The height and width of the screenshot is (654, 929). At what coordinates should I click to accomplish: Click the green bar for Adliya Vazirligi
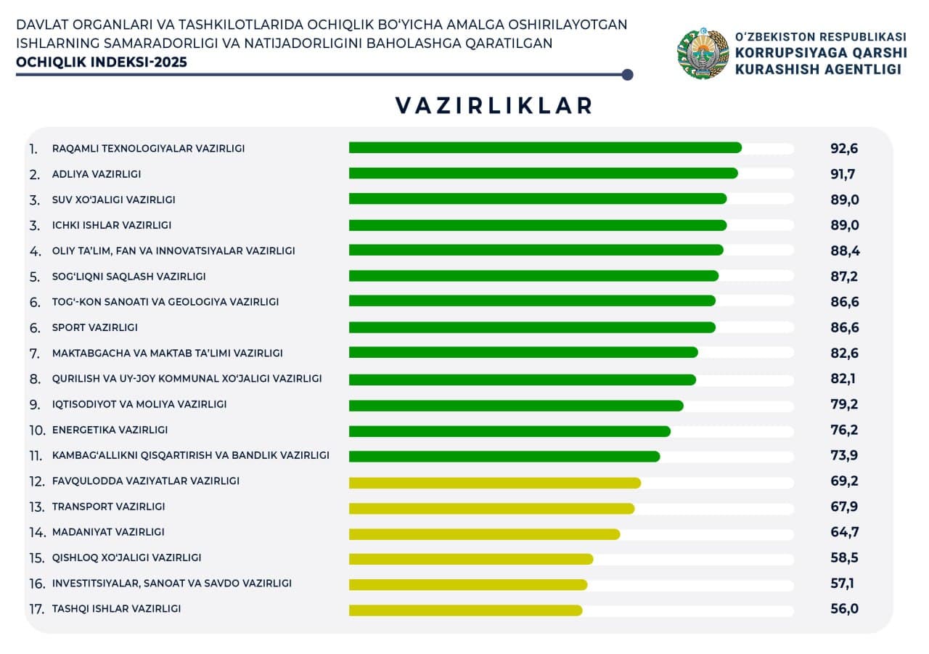[543, 173]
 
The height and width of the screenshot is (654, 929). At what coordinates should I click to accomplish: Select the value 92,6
[844, 149]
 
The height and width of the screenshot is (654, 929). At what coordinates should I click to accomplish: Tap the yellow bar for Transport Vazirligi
[491, 508]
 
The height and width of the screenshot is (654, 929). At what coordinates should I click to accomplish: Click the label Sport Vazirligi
[95, 327]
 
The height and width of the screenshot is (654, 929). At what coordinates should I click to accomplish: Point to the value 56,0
[844, 609]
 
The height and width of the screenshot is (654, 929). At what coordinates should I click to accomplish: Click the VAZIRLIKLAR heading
[494, 105]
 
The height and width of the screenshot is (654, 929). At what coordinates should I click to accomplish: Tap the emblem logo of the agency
[703, 54]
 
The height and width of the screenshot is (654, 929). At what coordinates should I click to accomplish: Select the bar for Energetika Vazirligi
[509, 431]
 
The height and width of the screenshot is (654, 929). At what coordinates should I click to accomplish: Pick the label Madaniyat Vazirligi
[108, 532]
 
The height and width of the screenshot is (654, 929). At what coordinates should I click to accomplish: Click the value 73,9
[844, 456]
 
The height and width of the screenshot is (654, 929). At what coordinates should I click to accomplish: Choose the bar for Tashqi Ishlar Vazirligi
[465, 610]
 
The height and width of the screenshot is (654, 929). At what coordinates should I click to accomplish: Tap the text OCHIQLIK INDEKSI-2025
[102, 62]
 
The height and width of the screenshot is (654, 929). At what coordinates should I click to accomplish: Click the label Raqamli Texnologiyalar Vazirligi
[148, 148]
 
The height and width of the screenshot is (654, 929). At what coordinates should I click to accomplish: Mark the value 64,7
[844, 532]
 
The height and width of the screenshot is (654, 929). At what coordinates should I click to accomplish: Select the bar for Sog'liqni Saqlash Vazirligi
[533, 276]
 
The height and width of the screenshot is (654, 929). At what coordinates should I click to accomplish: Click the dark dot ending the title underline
[628, 75]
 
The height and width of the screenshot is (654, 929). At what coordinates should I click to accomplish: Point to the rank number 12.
[37, 481]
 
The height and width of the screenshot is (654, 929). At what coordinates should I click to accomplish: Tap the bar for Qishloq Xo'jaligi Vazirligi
[470, 559]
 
